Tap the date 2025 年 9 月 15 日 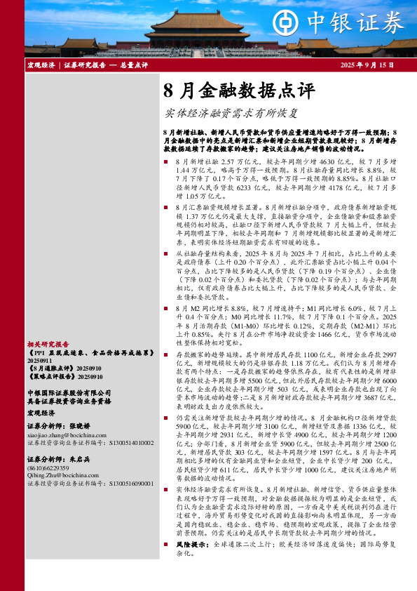[x=367, y=65]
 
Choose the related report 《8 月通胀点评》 [x=49, y=367]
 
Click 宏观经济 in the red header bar [x=41, y=65]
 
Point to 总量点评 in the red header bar [x=134, y=65]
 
